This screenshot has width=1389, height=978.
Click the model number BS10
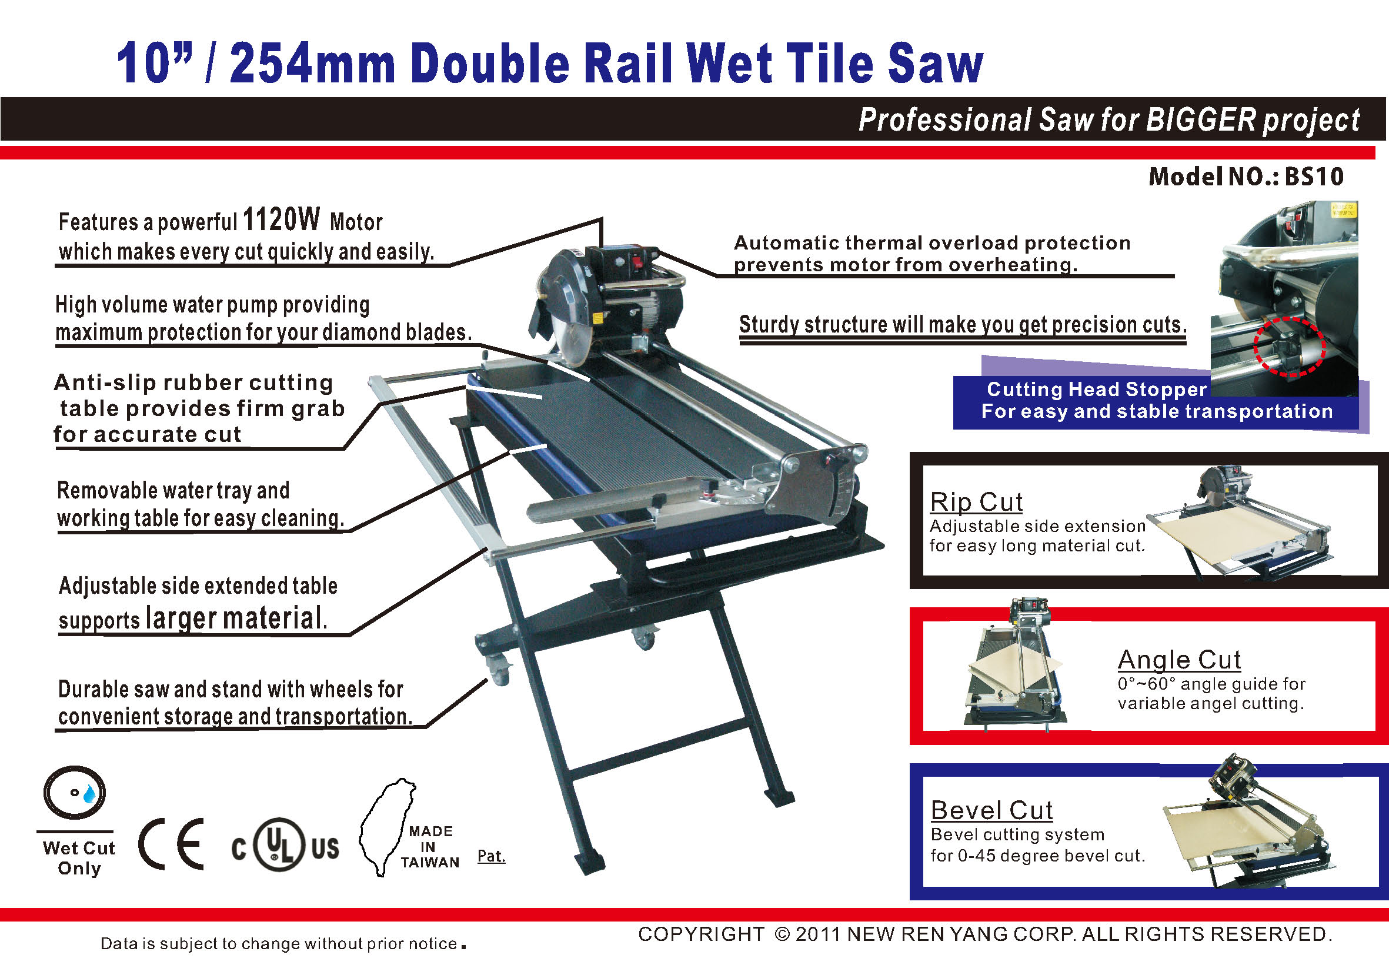(1314, 177)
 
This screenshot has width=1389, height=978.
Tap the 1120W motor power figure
(281, 219)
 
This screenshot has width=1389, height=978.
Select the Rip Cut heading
(976, 502)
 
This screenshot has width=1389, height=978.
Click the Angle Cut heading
(1179, 659)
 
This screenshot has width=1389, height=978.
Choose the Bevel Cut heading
(991, 810)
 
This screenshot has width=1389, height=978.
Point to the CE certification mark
(171, 844)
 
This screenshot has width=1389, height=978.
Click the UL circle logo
(279, 844)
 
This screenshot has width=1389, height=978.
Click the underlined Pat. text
(491, 856)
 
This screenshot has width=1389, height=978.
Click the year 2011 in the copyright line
(818, 934)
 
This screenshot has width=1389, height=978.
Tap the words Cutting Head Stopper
(1097, 389)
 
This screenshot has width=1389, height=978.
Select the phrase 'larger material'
(236, 618)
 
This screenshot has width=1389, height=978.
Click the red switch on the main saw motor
(636, 262)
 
